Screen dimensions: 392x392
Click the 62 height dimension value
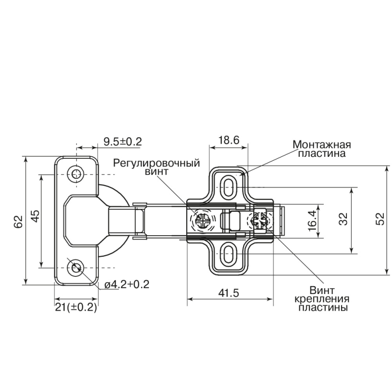click(x=20, y=221)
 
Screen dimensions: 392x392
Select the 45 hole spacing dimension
click(x=35, y=216)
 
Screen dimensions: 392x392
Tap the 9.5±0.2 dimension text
click(x=123, y=142)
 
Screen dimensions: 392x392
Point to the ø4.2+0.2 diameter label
click(x=127, y=285)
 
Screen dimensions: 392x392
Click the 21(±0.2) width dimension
click(x=76, y=307)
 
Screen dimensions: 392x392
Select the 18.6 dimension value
click(x=229, y=140)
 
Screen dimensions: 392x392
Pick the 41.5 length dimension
click(x=228, y=293)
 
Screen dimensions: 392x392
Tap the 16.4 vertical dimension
click(x=313, y=220)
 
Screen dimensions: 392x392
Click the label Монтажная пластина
click(x=322, y=149)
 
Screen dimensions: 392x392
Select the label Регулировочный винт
click(x=156, y=167)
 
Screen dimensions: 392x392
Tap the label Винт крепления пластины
click(x=322, y=299)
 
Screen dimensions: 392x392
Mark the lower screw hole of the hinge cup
click(x=75, y=268)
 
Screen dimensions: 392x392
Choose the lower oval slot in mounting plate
click(x=227, y=254)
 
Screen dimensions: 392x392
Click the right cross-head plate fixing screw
click(x=259, y=220)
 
